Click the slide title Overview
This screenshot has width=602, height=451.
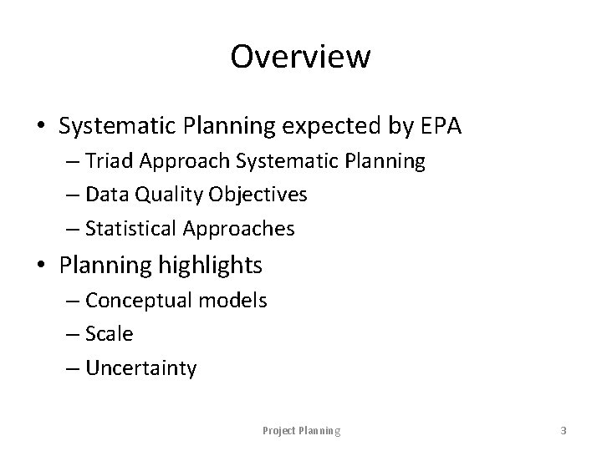point(300,58)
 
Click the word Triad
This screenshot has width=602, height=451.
point(110,161)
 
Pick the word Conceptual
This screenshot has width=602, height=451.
point(138,301)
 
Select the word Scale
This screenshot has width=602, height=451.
point(109,334)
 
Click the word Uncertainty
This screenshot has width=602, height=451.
point(140,368)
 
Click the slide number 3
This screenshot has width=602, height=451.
point(563,431)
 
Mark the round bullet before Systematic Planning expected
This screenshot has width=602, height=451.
point(41,127)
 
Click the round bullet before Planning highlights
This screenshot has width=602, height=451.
point(41,266)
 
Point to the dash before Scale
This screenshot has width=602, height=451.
point(74,335)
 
